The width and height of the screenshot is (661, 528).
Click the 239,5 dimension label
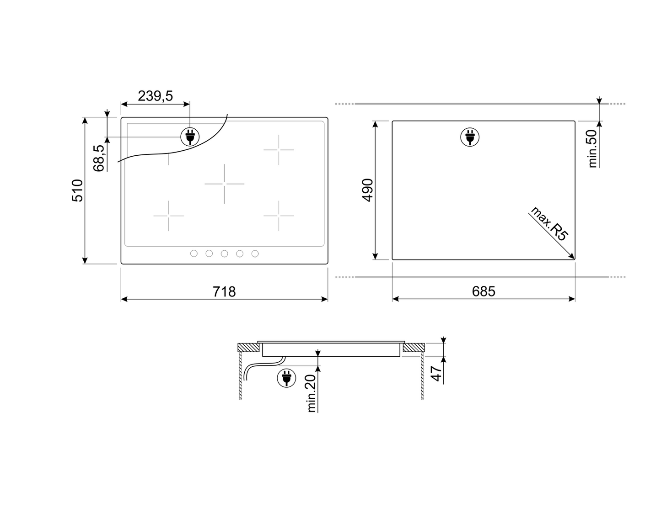coord(155,96)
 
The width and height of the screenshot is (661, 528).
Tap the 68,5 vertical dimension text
coord(99,158)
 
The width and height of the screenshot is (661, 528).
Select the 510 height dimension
coord(77,190)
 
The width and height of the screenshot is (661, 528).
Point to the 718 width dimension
coord(224,292)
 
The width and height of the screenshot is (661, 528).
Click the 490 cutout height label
coord(368,190)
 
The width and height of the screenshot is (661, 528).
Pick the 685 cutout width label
coord(484,291)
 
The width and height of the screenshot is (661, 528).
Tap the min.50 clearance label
coord(592,148)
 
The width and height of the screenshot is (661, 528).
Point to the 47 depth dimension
coord(436,374)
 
